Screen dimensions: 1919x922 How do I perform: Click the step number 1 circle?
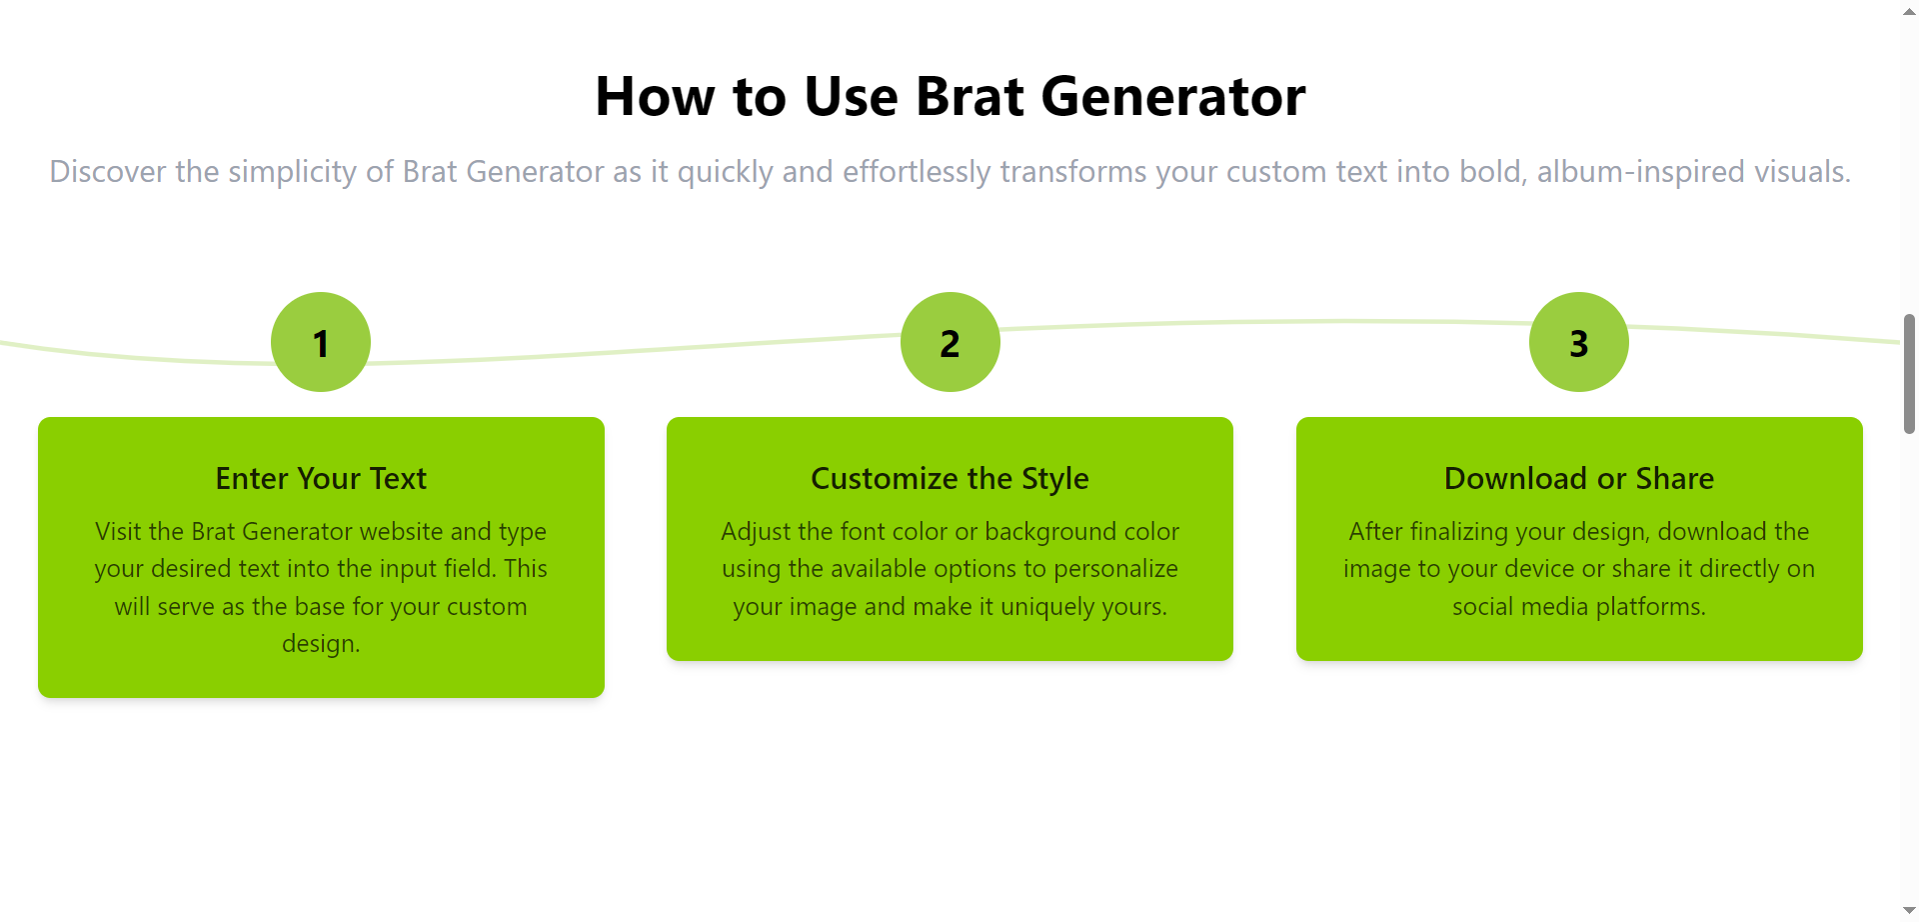[321, 342]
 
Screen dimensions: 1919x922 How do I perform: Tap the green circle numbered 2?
[951, 342]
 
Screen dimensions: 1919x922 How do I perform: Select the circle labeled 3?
[1579, 342]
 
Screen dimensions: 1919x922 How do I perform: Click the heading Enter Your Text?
[321, 479]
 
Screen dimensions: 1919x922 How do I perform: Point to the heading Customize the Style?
[950, 479]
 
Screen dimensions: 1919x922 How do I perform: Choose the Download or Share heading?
[1579, 479]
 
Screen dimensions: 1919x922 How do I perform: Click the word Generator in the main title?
[1173, 97]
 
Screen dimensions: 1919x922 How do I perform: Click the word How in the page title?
[656, 97]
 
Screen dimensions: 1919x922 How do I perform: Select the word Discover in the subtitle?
[108, 172]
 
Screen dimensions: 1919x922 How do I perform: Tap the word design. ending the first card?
[321, 644]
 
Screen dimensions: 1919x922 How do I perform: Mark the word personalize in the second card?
[1115, 569]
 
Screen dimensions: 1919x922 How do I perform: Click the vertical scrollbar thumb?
[1909, 374]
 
